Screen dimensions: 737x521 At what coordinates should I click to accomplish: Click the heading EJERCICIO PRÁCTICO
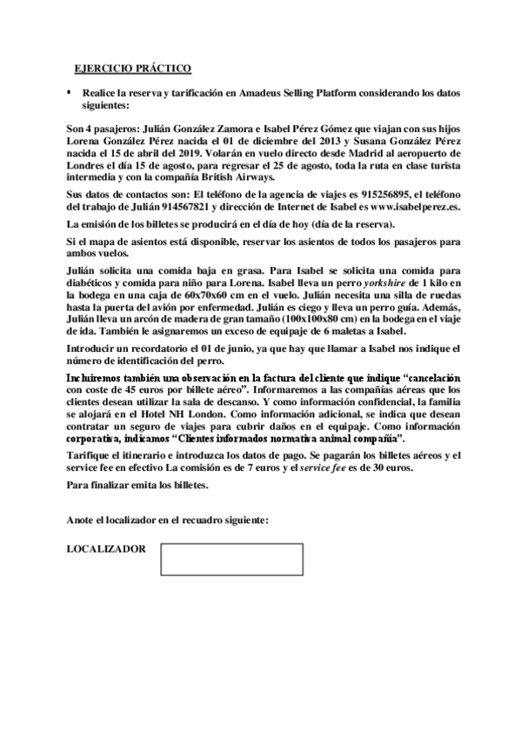[x=132, y=68]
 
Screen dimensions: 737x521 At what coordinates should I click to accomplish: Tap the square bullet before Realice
[x=69, y=90]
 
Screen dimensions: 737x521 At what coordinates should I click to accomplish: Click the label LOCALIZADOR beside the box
[x=106, y=548]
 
